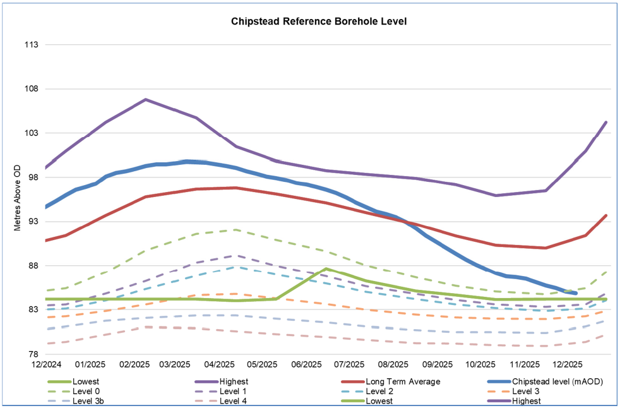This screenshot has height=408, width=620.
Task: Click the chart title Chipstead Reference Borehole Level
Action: (x=319, y=21)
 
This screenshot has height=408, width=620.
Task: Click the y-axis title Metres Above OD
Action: (x=17, y=198)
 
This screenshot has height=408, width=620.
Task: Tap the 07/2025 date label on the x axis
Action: (x=350, y=364)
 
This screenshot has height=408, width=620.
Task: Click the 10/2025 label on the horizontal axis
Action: (x=480, y=364)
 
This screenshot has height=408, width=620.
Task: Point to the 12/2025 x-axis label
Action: (x=567, y=364)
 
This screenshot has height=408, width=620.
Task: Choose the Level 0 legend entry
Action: (x=86, y=392)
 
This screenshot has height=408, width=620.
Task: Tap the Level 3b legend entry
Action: (x=88, y=401)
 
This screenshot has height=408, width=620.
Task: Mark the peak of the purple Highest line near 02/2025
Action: (x=145, y=99)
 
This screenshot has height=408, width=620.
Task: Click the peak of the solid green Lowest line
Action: (x=326, y=268)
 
